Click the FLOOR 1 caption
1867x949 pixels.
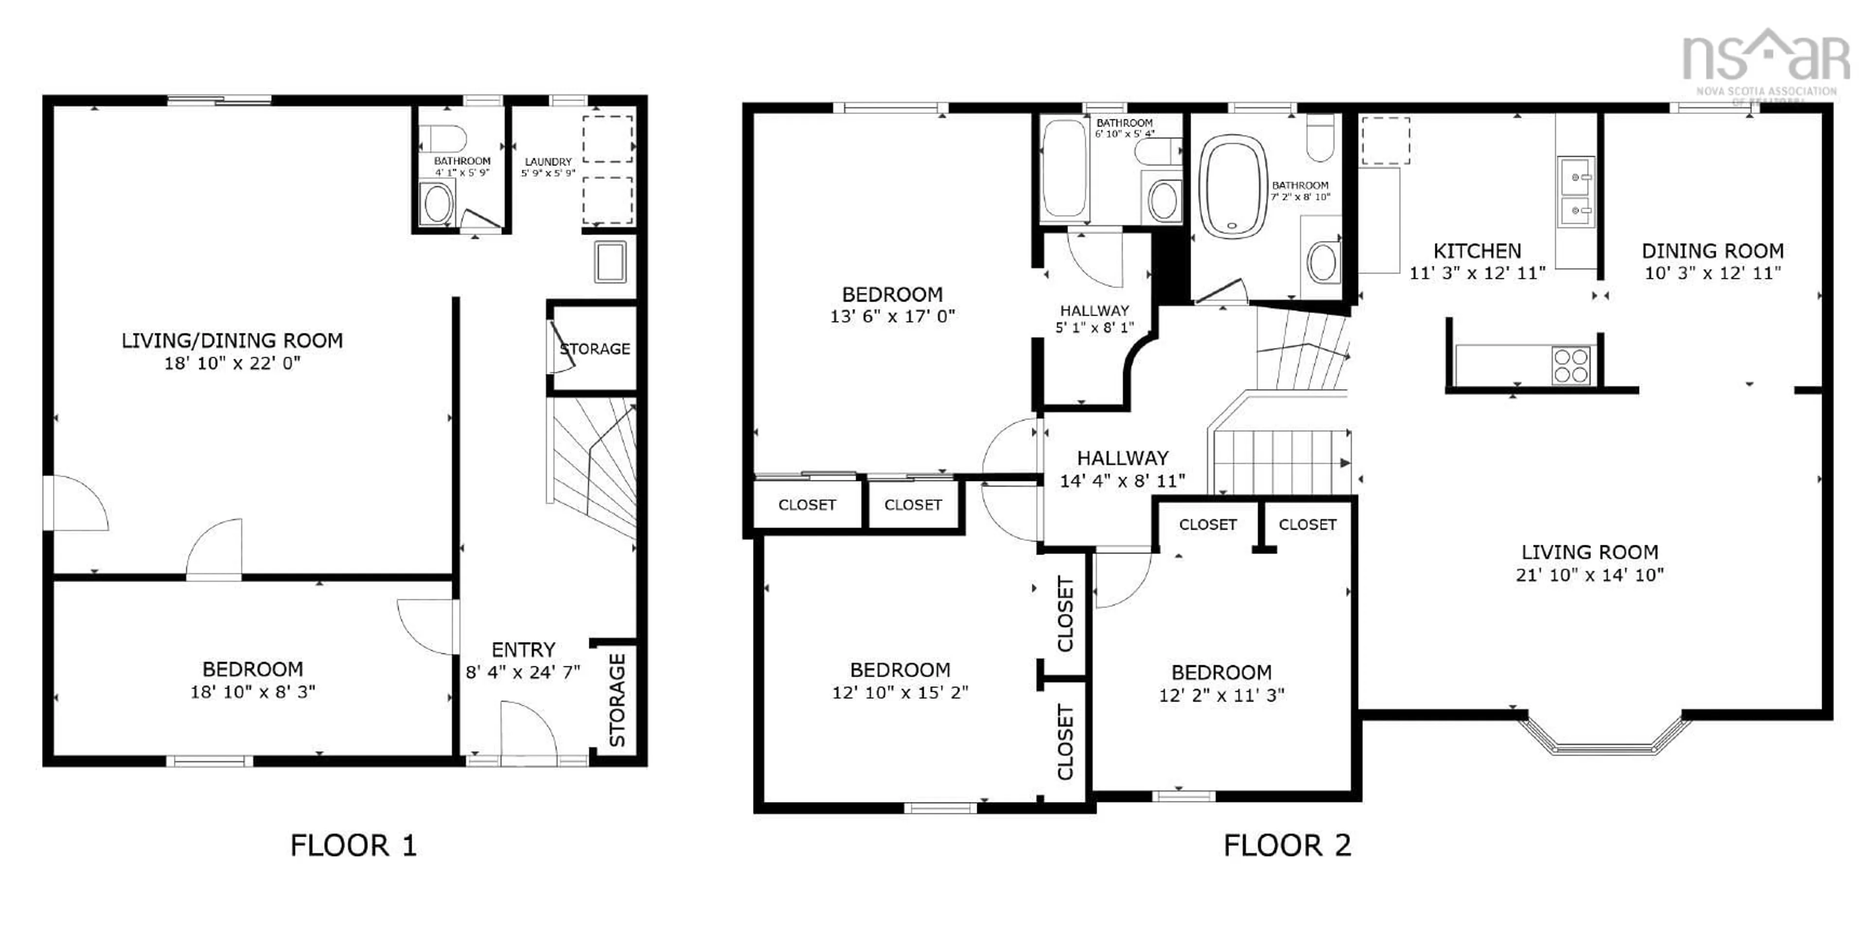coord(353,845)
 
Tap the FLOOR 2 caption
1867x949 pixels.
coord(1286,845)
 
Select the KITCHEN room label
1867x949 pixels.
coord(1477,251)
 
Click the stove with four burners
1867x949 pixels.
coord(1570,365)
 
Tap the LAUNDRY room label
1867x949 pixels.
coord(548,161)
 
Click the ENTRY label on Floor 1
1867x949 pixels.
coord(523,649)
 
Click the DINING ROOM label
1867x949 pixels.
coord(1712,251)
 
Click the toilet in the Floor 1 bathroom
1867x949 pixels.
coord(443,138)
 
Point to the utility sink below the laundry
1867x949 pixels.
coord(610,262)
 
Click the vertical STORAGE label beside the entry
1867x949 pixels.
coord(617,699)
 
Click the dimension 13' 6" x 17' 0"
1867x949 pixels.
coord(892,316)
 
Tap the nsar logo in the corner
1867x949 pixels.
coord(1765,58)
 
